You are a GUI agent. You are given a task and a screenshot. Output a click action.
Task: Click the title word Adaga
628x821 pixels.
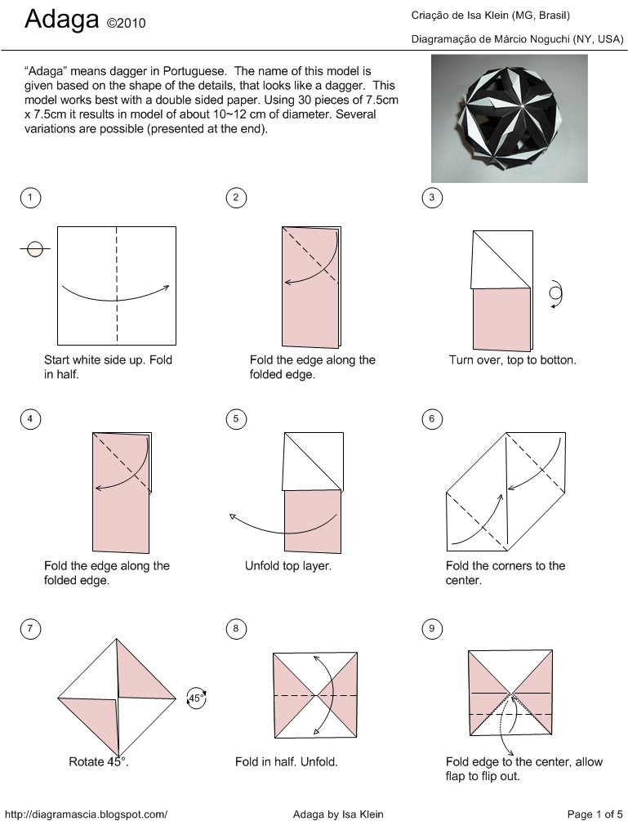tap(61, 20)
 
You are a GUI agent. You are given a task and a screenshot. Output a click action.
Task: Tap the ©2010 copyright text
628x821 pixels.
tap(126, 24)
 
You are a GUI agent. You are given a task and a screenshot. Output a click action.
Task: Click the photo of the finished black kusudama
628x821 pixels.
tap(509, 118)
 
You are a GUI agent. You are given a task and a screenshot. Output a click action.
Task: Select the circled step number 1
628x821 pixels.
tap(30, 197)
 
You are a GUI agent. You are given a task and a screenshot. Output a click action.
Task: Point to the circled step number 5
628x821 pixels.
tap(235, 420)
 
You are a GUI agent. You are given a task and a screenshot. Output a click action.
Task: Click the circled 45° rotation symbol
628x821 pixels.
tap(197, 698)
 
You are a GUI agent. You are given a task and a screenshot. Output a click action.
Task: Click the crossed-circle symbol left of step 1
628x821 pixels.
tap(35, 249)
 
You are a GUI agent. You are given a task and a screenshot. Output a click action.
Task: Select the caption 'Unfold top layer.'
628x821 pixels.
tap(288, 565)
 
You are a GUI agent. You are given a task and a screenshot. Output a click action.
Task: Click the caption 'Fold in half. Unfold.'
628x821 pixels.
tap(287, 762)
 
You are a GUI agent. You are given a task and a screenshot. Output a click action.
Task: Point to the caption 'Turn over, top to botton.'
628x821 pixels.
tap(513, 359)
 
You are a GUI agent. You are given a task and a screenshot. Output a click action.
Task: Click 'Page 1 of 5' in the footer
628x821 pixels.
tap(595, 814)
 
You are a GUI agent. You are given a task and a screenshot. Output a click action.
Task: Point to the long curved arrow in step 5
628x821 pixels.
tap(282, 527)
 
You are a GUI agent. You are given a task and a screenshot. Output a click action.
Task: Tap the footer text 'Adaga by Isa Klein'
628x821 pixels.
tap(337, 814)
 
